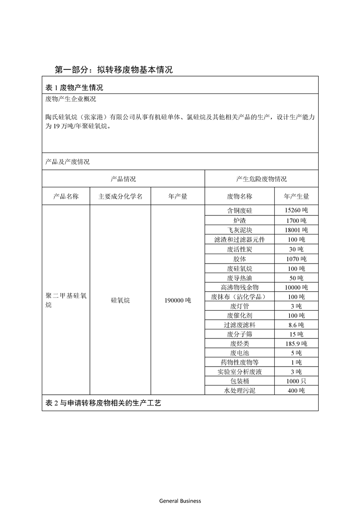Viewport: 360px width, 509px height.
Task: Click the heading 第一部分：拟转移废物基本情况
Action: (x=113, y=70)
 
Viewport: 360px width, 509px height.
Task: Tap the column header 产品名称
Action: (x=66, y=196)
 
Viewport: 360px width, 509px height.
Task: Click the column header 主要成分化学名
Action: (x=120, y=196)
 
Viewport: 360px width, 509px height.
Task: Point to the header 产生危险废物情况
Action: (x=261, y=179)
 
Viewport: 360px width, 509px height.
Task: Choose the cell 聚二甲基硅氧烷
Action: (x=66, y=300)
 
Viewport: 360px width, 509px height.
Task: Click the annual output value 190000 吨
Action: (x=178, y=300)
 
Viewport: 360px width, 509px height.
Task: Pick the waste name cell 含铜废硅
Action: (x=240, y=211)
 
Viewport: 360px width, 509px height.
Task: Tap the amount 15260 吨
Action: (x=296, y=211)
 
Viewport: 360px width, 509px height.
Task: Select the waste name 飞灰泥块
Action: (x=240, y=230)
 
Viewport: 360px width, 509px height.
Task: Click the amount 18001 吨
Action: (x=296, y=230)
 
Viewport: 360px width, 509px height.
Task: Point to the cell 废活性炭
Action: (x=240, y=249)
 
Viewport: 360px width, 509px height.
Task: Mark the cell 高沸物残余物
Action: (x=240, y=287)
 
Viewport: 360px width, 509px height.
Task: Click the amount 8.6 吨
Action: (x=296, y=325)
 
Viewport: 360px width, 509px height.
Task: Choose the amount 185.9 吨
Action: (x=296, y=344)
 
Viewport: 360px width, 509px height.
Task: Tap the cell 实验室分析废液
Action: (x=240, y=372)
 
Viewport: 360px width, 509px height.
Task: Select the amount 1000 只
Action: (x=296, y=382)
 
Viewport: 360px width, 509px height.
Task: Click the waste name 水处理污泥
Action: (x=240, y=391)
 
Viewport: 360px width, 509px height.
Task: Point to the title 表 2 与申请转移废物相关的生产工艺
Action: (x=104, y=403)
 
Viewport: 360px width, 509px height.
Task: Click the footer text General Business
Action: (x=180, y=501)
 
